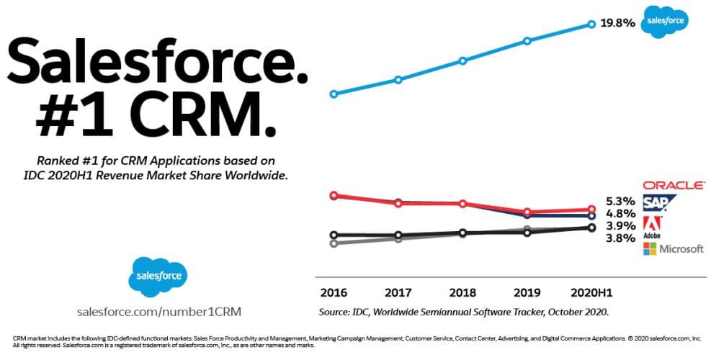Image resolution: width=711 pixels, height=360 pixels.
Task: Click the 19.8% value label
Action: (617, 23)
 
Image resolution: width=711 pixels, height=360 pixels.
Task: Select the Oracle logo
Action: (674, 185)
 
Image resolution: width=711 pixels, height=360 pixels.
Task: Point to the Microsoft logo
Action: (673, 248)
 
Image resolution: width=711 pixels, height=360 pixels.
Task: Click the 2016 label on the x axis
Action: (334, 293)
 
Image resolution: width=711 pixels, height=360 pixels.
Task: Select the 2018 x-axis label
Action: (462, 293)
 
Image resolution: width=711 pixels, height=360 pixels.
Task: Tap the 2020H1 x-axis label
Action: (590, 293)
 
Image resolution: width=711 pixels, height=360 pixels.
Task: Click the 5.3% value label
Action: (620, 201)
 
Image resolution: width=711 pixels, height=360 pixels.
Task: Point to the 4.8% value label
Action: (620, 213)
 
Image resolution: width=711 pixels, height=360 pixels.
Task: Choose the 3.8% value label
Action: (620, 238)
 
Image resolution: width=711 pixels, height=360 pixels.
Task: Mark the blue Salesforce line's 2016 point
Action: (333, 94)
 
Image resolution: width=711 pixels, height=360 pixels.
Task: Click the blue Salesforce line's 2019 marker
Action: (527, 41)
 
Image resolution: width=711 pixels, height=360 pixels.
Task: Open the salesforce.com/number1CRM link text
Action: (158, 312)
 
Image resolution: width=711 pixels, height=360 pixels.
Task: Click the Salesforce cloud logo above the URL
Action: (158, 274)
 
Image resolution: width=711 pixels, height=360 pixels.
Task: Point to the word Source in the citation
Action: (335, 312)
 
